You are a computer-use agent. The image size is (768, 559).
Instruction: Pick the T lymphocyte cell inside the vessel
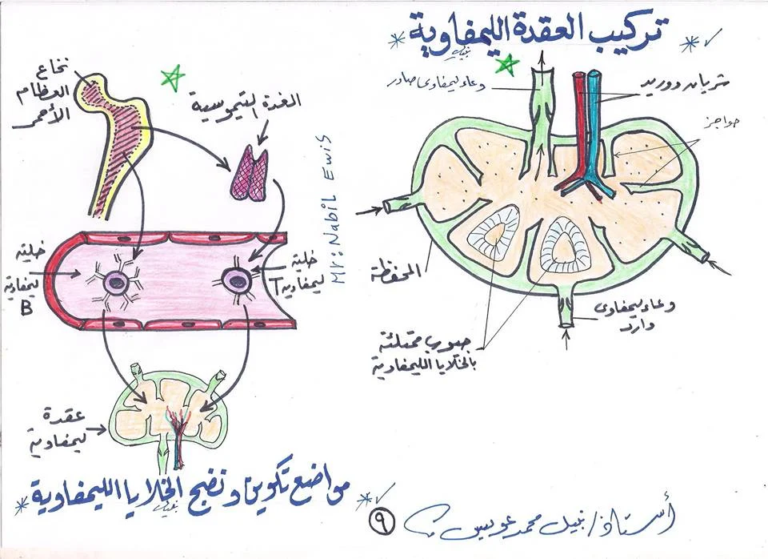coord(235,280)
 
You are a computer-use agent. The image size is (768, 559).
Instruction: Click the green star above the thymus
coord(171,77)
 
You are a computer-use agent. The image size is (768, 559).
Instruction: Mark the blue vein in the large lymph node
coord(593,128)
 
